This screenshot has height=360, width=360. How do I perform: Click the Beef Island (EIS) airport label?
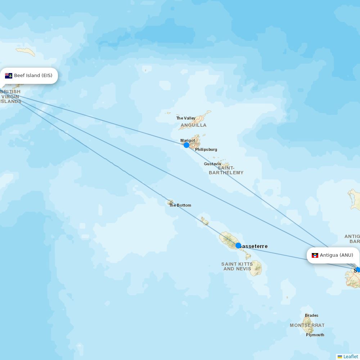(x=33, y=76)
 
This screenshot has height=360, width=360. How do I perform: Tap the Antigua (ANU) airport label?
(x=336, y=255)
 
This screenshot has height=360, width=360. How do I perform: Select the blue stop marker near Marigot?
(x=186, y=145)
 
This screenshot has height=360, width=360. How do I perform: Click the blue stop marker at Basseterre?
(x=238, y=246)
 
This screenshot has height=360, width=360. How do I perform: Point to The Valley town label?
(x=186, y=118)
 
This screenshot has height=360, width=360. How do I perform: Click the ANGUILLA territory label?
(x=194, y=125)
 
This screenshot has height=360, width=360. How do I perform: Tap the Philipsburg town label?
(x=206, y=149)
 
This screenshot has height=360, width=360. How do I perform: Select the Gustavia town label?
(x=212, y=164)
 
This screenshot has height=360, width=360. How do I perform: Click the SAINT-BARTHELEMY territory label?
(x=226, y=170)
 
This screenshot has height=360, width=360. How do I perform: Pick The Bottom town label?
(x=180, y=205)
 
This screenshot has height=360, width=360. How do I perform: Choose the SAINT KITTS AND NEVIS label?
(x=237, y=266)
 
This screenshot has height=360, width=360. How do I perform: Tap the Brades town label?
(x=311, y=315)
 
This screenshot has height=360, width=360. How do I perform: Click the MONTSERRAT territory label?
(x=307, y=325)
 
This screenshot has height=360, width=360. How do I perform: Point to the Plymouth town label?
(x=315, y=335)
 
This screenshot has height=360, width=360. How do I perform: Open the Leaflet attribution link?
(x=350, y=356)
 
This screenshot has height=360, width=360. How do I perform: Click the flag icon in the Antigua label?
(x=315, y=255)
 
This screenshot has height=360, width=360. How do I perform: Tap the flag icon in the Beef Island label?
(x=9, y=76)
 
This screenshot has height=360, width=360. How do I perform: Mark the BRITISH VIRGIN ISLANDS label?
(x=10, y=96)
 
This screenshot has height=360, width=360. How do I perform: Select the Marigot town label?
(x=188, y=140)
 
